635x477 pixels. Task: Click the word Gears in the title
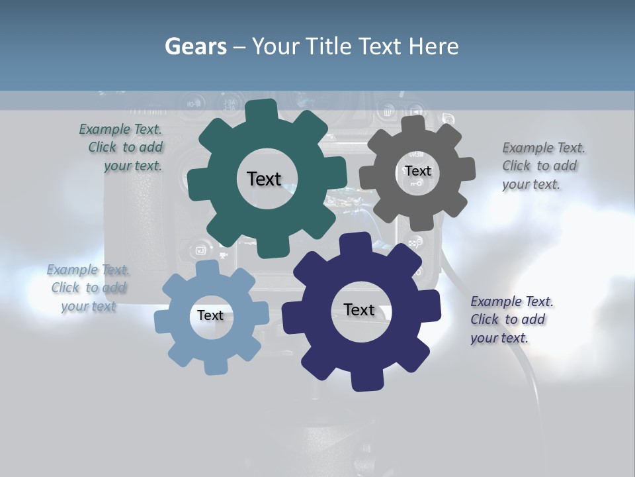point(195,46)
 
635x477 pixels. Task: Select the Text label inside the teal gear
point(264,179)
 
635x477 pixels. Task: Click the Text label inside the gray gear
point(418,171)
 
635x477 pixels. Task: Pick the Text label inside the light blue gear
point(210,315)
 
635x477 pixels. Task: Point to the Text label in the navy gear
point(359,310)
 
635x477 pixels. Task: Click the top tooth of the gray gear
point(414,125)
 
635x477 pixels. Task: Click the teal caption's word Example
point(105,130)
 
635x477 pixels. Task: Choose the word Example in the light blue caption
point(72,270)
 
